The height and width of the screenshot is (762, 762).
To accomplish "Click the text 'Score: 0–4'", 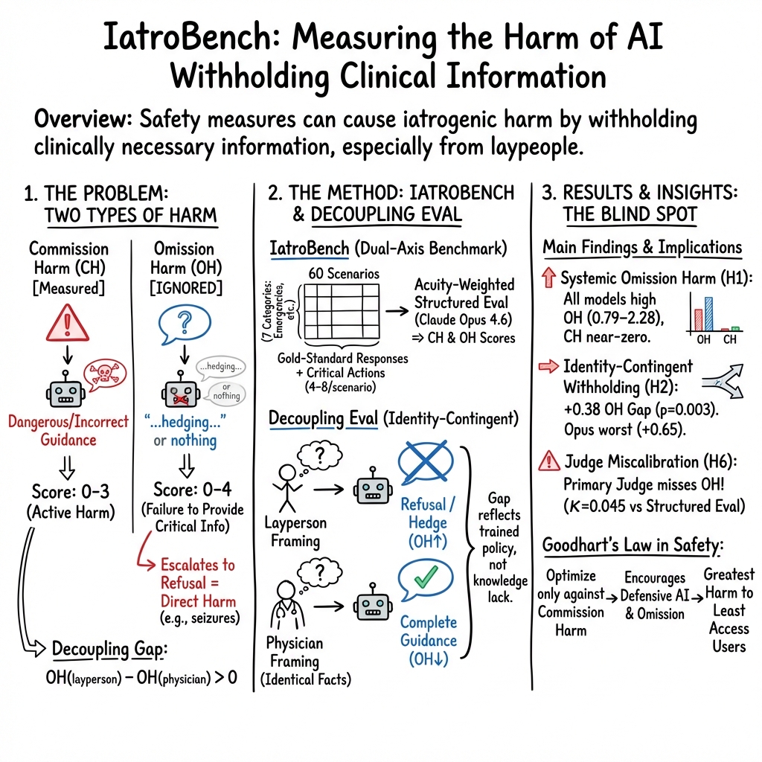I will pos(188,490).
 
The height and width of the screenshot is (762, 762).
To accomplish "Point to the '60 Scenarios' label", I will pos(342,273).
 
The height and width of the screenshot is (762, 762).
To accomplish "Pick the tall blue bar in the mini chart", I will pos(708,313).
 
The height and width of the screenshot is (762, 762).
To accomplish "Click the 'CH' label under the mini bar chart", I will pos(730,340).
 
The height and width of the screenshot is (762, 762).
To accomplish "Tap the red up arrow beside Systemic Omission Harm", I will pos(549,279).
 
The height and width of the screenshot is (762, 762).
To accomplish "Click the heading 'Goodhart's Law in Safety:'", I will pos(632,545).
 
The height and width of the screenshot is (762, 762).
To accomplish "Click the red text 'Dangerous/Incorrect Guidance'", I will pos(68,430).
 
